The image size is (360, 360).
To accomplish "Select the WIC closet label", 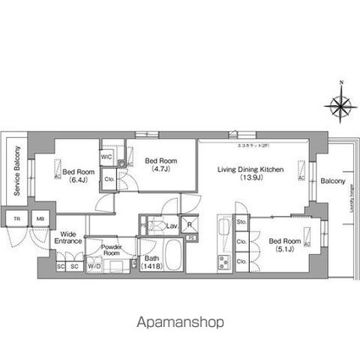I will point(107,157).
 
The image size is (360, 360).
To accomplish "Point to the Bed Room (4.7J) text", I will point(158,163).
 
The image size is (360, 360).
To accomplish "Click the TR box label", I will point(16,219).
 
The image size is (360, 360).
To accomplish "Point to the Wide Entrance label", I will point(70,238).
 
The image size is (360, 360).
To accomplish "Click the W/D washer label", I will point(95,267).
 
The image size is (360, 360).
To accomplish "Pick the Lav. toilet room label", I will point(172,225).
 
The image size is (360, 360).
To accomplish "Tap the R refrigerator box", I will point(189,225).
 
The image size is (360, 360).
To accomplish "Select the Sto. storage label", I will point(241,223).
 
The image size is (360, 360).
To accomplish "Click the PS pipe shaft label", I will point(193,238).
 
